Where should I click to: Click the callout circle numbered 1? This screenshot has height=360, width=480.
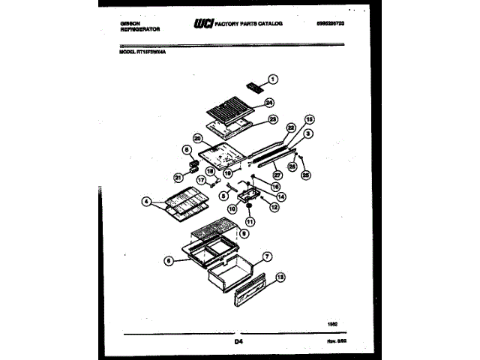click(273, 78)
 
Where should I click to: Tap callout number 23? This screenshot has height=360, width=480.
click(273, 118)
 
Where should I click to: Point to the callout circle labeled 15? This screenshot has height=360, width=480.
click(309, 119)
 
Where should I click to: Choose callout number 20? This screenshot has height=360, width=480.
click(197, 138)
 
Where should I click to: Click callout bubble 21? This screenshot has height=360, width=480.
click(178, 177)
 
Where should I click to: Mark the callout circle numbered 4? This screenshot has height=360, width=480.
click(147, 201)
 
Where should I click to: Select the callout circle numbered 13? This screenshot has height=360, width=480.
click(280, 277)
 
